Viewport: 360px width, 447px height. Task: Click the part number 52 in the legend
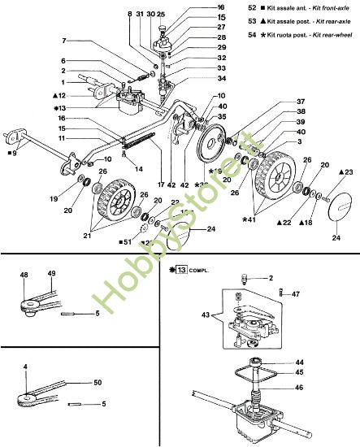(x=252, y=7)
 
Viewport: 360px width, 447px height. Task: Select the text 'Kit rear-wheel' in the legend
(x=332, y=37)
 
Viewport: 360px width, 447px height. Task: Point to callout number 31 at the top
(x=140, y=15)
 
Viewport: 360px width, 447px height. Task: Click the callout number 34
(x=199, y=79)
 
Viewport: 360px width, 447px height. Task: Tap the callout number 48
(x=24, y=274)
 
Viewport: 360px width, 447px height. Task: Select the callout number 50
(x=97, y=380)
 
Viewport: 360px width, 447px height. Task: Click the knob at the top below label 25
(x=161, y=31)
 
